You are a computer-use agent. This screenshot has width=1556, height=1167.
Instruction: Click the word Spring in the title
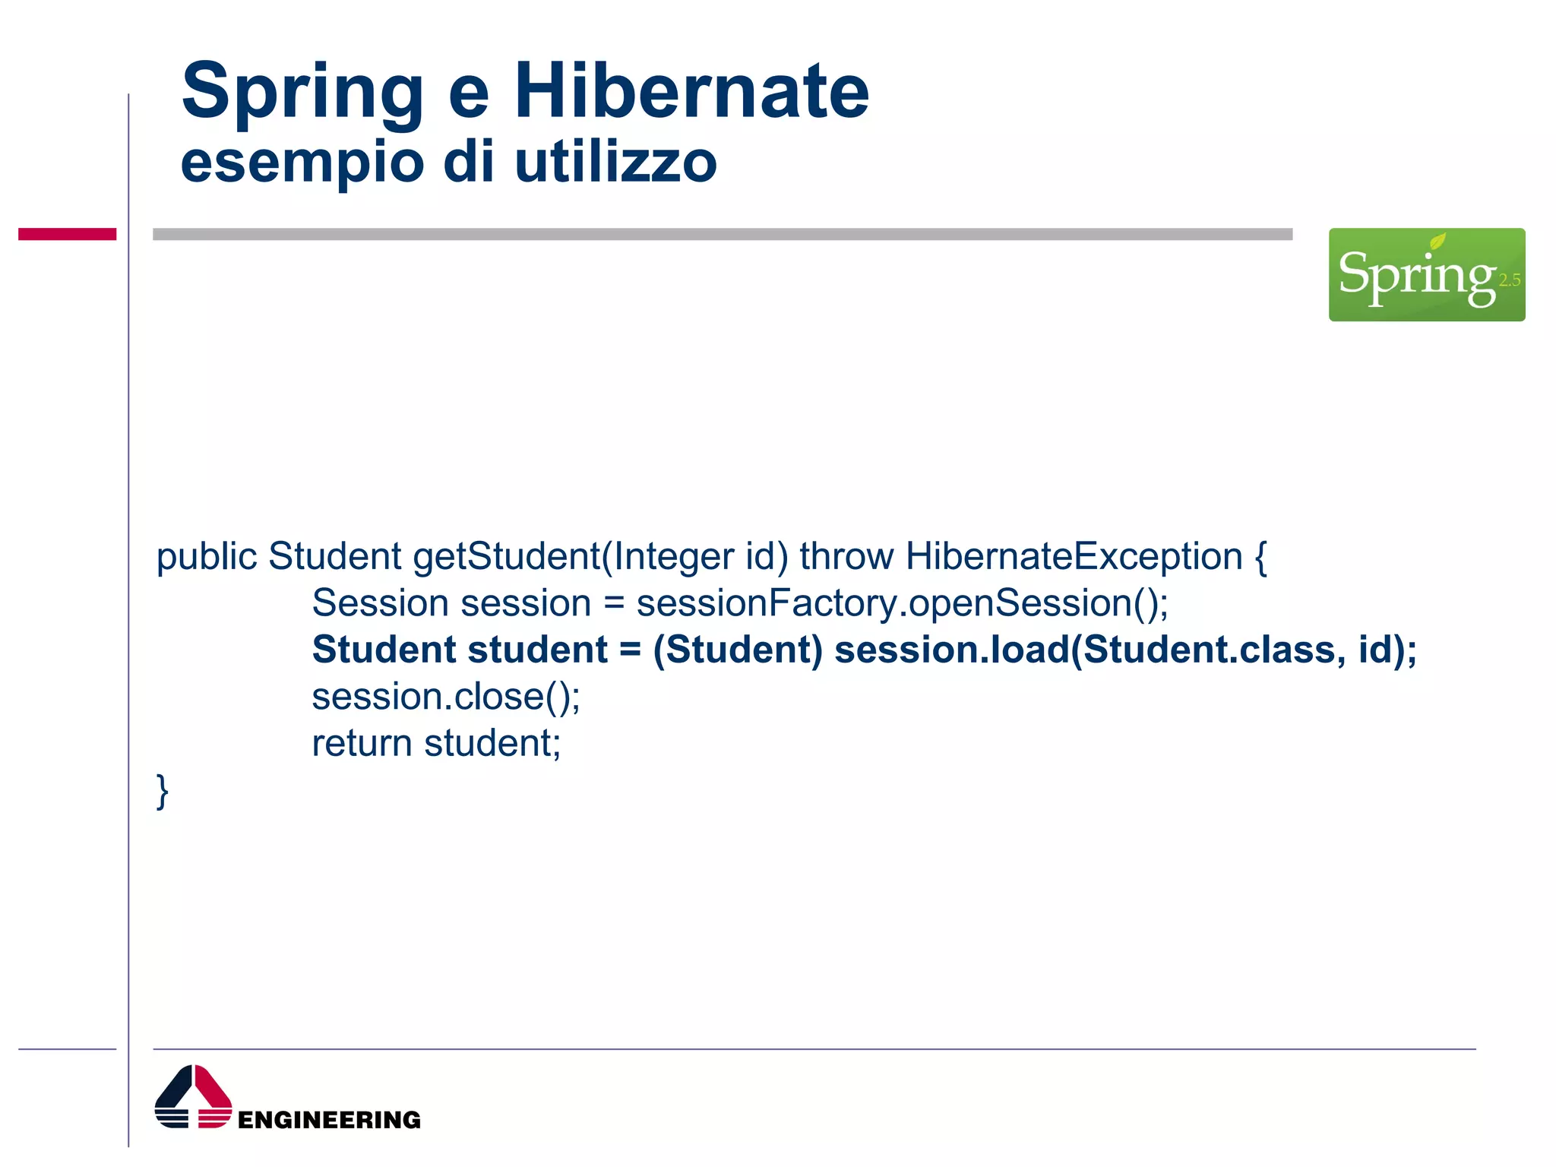coord(302,93)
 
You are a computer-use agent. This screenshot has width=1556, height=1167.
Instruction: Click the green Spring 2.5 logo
coord(1426,274)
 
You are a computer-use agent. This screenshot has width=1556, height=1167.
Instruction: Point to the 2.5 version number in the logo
coord(1509,280)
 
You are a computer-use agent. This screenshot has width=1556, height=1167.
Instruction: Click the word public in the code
coord(207,557)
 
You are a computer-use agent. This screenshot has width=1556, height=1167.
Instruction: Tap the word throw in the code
coord(846,556)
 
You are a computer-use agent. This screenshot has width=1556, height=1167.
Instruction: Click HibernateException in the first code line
coord(1074,557)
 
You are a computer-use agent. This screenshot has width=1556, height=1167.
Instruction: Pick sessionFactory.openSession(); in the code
coord(902,603)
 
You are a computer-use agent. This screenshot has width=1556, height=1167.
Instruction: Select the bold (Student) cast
coord(738,650)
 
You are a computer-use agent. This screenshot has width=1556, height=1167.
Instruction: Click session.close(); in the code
coord(446,697)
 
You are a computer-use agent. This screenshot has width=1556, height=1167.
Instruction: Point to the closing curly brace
coord(162,791)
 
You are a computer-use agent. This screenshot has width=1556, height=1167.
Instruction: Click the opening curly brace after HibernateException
coord(1260,557)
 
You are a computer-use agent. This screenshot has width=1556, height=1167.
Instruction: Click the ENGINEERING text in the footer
coord(329,1120)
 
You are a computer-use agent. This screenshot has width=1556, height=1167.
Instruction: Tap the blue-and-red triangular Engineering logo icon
coord(193,1097)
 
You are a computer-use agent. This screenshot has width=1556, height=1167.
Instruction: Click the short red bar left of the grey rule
coord(67,234)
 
